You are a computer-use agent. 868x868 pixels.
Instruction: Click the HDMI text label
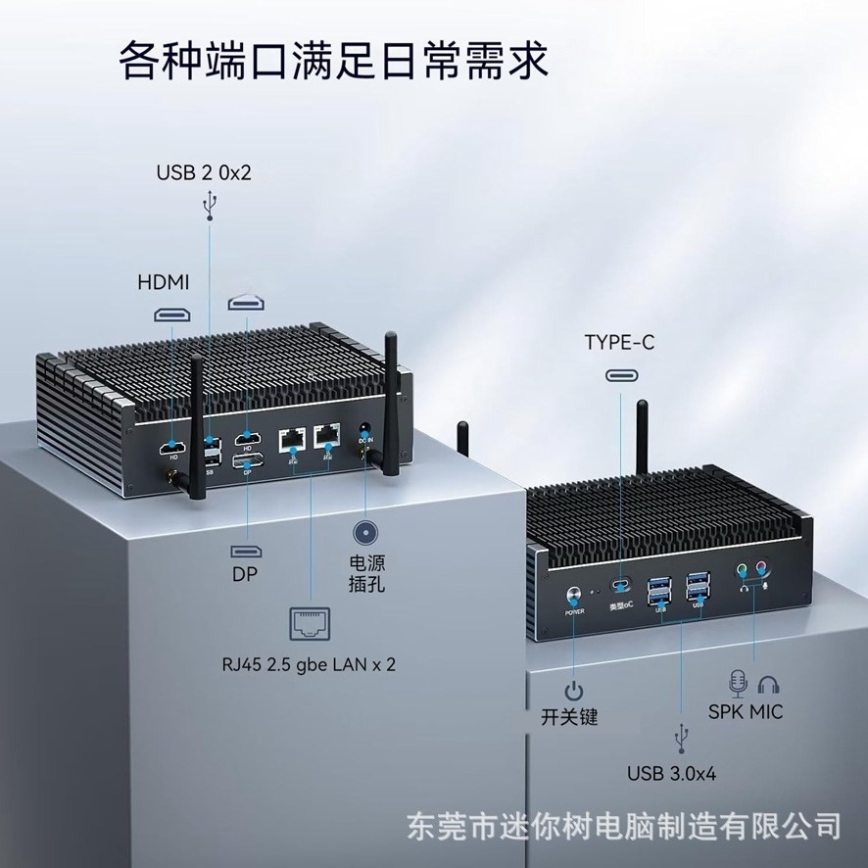pos(162,282)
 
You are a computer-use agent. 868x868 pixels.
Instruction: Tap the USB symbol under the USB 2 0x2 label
pos(208,206)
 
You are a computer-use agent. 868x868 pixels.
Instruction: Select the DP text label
pos(245,575)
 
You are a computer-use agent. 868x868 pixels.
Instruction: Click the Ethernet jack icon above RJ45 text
pos(311,622)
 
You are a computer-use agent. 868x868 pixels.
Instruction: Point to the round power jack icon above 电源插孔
pos(365,532)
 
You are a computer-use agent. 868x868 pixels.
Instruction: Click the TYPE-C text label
pos(619,343)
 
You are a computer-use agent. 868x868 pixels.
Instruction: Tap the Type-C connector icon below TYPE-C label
pos(619,375)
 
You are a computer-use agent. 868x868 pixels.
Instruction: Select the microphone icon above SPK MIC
pos(738,682)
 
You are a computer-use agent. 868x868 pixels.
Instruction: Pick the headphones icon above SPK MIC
pos(770,682)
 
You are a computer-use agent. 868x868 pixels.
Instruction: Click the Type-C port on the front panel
pos(619,587)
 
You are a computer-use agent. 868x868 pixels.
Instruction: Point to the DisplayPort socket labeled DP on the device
pos(247,460)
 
